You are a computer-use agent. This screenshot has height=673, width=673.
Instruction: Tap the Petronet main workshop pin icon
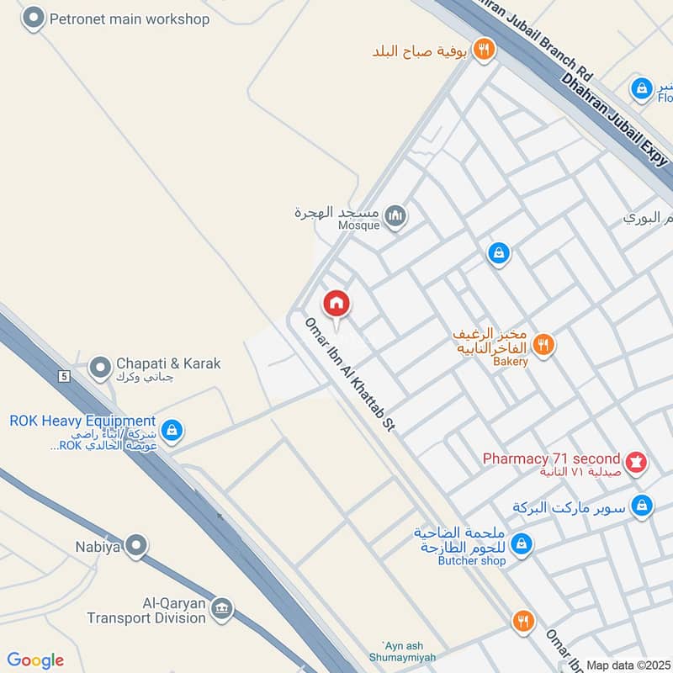pos(33,18)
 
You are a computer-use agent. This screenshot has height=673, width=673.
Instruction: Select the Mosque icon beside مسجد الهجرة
pos(395,218)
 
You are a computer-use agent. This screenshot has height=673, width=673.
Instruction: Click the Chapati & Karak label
pos(168,363)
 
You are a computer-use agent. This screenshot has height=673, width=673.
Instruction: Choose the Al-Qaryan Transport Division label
pos(146,611)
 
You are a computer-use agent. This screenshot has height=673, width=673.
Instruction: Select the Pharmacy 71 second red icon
pos(635,461)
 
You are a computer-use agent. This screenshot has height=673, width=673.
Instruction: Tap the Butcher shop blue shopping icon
pos(522,544)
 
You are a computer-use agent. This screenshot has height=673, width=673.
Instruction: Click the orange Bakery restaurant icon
pos(543,343)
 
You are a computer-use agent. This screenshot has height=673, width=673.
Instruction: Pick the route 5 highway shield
pos(63,375)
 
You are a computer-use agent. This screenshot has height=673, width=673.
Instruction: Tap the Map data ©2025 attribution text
pos(628,665)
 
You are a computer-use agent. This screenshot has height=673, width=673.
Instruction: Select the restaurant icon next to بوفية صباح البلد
pos(483,49)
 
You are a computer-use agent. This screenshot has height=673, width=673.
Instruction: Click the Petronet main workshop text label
pos(130,19)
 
